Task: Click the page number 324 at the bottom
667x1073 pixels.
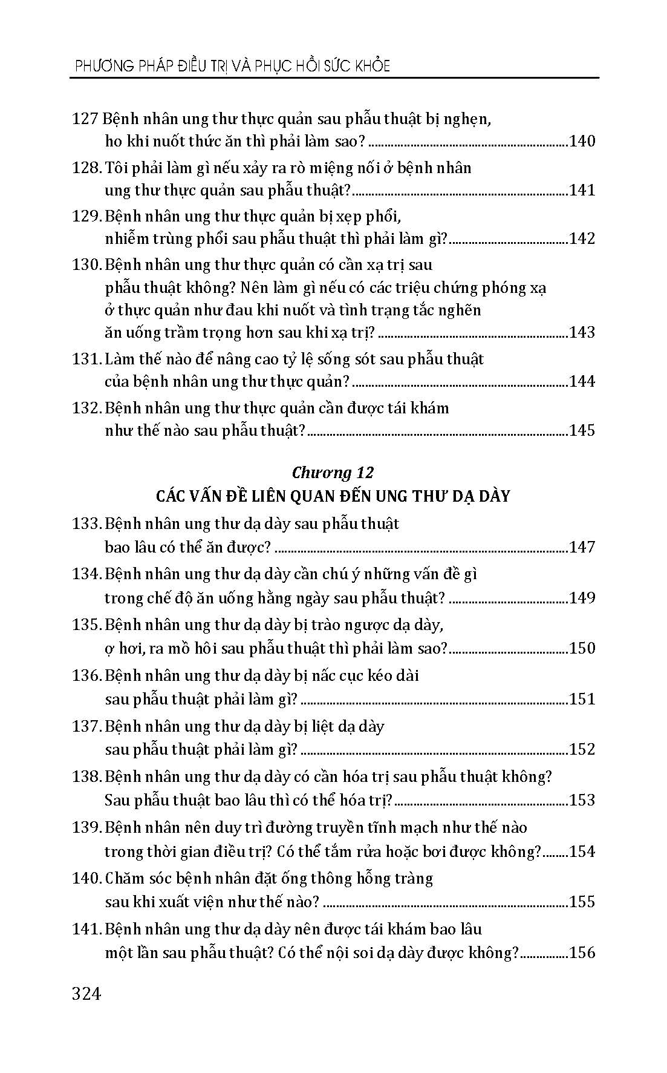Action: coord(86,994)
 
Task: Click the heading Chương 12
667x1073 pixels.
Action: coord(333,472)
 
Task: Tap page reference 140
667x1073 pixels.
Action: coord(582,142)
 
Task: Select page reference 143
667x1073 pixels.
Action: coord(582,332)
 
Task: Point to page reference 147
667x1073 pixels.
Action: coord(582,547)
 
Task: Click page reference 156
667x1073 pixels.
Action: coord(582,953)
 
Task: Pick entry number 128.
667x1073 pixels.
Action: coord(86,168)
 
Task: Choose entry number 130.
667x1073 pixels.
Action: coord(86,264)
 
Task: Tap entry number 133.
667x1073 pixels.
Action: coord(86,523)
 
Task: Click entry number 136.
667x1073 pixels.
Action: coord(86,675)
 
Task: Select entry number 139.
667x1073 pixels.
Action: coord(86,827)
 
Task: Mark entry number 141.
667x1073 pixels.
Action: coord(86,929)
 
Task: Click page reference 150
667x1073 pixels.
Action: coord(582,648)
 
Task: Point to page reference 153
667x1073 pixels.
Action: coord(582,800)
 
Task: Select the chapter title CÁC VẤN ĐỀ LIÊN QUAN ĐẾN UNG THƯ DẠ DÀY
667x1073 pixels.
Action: coord(333,496)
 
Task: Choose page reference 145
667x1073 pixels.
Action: coord(582,430)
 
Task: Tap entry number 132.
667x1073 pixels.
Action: coord(86,408)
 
